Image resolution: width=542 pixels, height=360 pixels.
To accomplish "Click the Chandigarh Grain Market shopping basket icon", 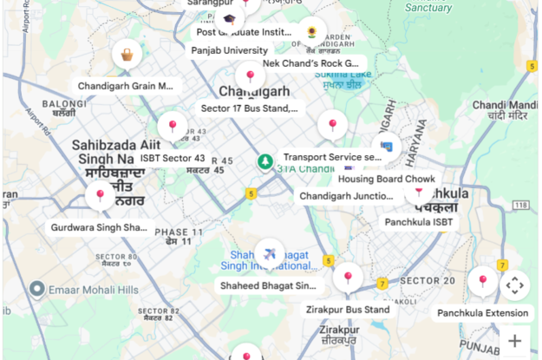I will click(127, 56).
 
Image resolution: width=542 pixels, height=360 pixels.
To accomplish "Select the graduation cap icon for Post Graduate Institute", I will click(229, 19).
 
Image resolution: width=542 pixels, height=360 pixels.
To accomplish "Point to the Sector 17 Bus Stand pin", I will click(250, 78).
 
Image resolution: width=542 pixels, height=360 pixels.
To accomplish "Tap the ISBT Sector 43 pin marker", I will click(173, 128).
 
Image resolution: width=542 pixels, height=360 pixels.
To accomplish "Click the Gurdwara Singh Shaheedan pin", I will click(101, 197).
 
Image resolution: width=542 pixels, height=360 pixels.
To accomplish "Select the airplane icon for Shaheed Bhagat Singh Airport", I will click(271, 254).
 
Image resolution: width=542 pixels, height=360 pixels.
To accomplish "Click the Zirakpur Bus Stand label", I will click(348, 309).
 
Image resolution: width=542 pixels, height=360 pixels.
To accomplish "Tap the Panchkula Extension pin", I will click(483, 282).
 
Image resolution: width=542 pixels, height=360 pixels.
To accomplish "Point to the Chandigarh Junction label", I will click(347, 196).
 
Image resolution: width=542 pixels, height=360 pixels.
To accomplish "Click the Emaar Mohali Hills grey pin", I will click(37, 289).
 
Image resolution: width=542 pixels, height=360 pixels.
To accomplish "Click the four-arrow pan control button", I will click(514, 285).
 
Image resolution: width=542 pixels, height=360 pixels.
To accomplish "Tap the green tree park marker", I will click(264, 161).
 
